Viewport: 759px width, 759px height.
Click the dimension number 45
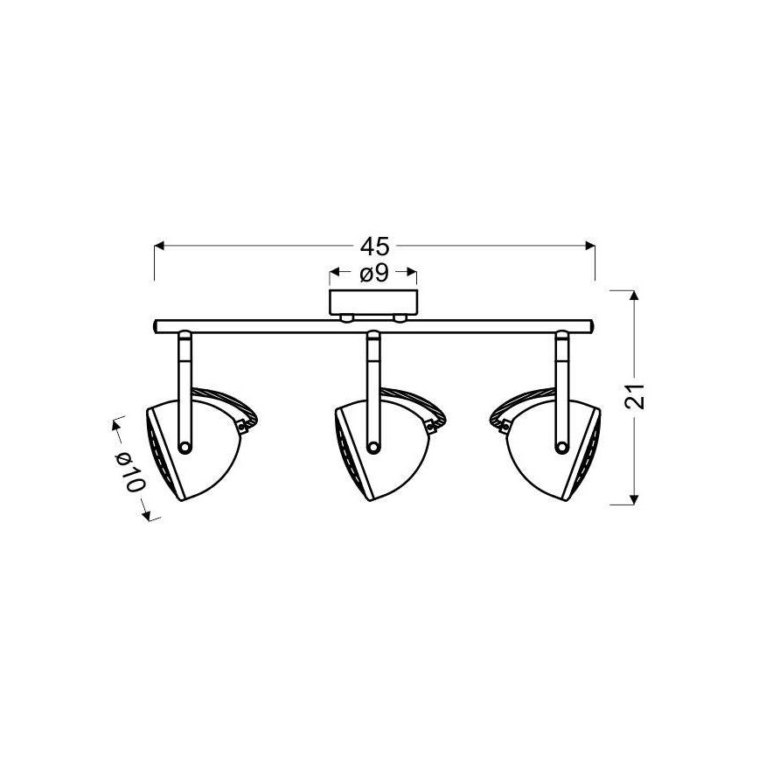tap(374, 247)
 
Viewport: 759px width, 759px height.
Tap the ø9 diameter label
tap(373, 274)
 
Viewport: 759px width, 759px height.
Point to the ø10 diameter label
tap(129, 471)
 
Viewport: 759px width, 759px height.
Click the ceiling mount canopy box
tap(373, 303)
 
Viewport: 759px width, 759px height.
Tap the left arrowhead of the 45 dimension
tap(160, 246)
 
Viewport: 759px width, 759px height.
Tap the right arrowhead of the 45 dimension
tap(589, 246)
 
